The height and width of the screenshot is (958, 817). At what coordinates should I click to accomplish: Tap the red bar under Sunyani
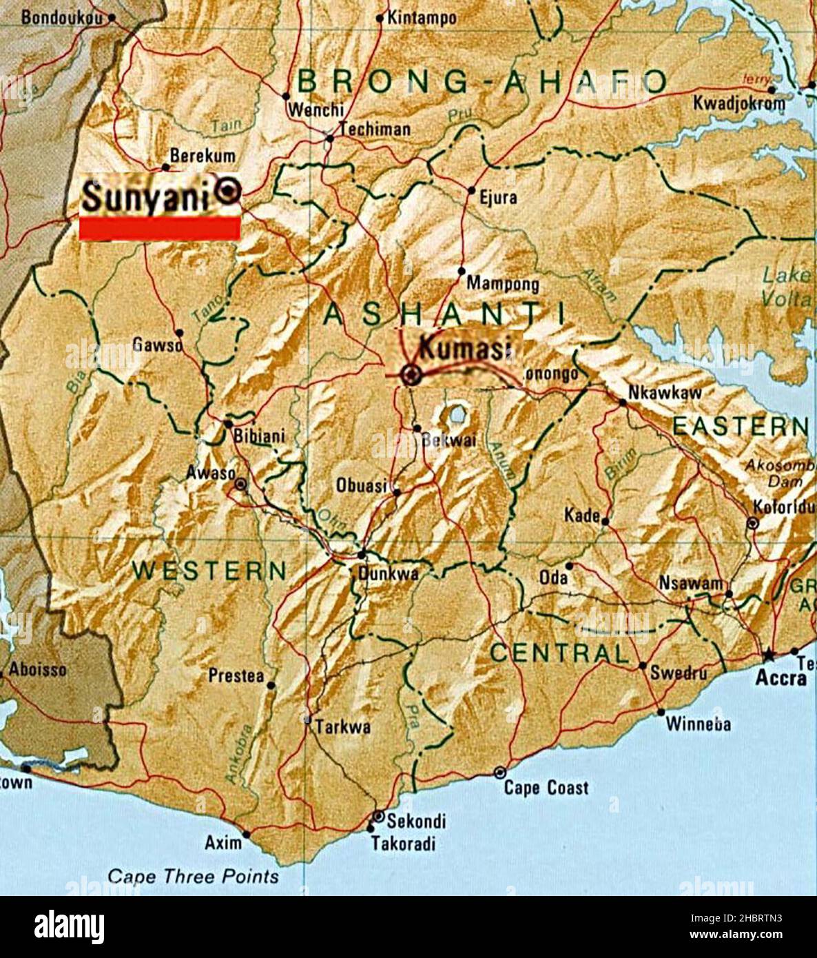click(x=160, y=229)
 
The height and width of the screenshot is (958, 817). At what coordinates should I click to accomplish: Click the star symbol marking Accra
click(x=768, y=654)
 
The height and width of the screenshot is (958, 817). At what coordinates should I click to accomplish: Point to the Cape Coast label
click(x=546, y=787)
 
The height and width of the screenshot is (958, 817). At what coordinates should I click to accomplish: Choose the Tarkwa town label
click(x=343, y=726)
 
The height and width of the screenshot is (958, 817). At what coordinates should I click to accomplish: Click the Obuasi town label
click(x=362, y=485)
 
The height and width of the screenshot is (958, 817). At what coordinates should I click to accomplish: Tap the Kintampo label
click(x=422, y=18)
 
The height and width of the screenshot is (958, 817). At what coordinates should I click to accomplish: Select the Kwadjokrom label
click(x=739, y=104)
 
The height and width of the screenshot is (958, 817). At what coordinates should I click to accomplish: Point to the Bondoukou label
click(x=61, y=17)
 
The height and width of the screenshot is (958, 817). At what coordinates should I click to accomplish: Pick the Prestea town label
click(x=236, y=676)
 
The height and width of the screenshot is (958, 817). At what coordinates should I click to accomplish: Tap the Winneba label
click(x=699, y=724)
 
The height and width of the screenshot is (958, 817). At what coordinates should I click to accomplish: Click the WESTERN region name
click(x=209, y=570)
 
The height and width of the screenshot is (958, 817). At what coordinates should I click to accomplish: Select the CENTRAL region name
click(x=559, y=653)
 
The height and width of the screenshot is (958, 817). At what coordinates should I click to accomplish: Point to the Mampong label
click(x=503, y=283)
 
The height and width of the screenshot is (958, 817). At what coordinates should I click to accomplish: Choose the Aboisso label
click(x=38, y=669)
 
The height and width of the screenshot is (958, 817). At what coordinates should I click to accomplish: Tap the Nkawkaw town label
click(x=665, y=393)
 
